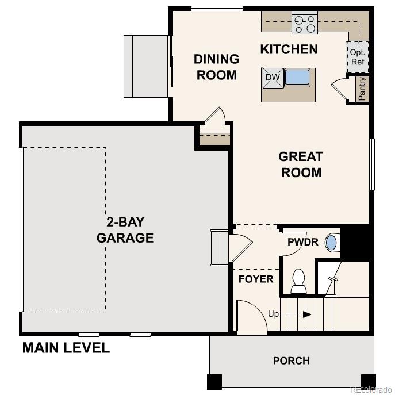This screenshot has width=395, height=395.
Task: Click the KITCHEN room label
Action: point(289,49)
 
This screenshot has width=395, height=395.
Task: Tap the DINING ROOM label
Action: point(216,67)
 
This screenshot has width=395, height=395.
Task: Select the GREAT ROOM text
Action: point(300,164)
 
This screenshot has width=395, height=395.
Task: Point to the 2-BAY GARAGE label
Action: point(125,229)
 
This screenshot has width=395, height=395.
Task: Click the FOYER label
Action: point(256,279)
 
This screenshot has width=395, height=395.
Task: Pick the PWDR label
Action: point(303,242)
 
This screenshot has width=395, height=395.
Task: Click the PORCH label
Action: point(291,361)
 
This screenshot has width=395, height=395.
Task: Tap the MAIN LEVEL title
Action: point(66,348)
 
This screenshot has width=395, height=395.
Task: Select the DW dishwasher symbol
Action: point(273,78)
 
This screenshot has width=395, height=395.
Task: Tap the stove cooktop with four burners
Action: point(305,23)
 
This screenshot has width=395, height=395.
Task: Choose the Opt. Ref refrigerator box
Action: point(357,57)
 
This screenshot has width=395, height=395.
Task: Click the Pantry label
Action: point(362,89)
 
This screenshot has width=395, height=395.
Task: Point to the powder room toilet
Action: point(298,281)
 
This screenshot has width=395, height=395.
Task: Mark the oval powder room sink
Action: point(331,242)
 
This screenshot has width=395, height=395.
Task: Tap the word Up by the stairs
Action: point(274,314)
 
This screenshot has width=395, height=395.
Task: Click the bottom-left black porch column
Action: point(214,381)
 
